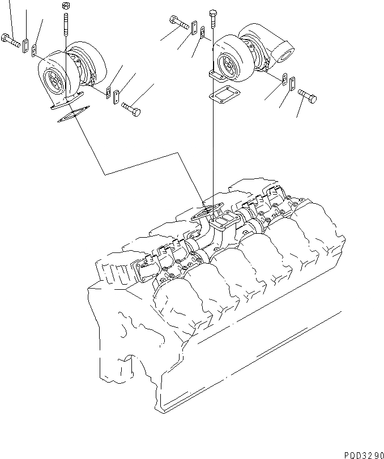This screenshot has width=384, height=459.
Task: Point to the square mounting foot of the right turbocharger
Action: click(x=218, y=75)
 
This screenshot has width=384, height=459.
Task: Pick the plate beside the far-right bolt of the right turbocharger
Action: click(x=292, y=84)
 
